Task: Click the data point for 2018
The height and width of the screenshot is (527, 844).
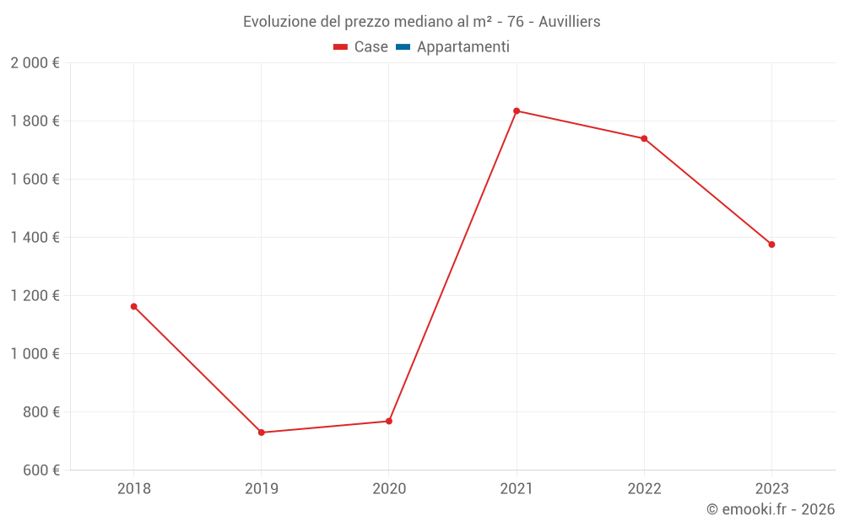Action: point(133,306)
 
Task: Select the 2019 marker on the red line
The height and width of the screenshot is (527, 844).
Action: point(261,433)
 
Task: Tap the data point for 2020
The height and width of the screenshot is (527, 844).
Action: point(389,421)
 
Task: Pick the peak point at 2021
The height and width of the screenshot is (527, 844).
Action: point(517,110)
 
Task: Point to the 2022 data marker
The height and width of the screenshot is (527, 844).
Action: point(644,138)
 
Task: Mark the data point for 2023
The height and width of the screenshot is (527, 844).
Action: point(771,245)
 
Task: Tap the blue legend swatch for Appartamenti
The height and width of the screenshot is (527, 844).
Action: point(403,47)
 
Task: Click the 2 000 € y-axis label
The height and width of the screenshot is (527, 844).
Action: point(35,63)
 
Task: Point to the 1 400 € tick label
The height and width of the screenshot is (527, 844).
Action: point(35,238)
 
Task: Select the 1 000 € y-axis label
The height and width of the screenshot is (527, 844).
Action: point(35,354)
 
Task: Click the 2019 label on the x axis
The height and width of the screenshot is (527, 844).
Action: point(261,488)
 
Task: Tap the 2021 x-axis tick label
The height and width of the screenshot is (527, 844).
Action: point(517,488)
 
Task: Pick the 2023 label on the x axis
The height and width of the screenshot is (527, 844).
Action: point(771,488)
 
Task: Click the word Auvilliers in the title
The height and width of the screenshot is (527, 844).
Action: point(570,22)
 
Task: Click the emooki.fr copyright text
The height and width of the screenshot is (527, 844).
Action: point(771,509)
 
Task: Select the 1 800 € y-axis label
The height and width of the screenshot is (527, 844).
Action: point(35,121)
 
